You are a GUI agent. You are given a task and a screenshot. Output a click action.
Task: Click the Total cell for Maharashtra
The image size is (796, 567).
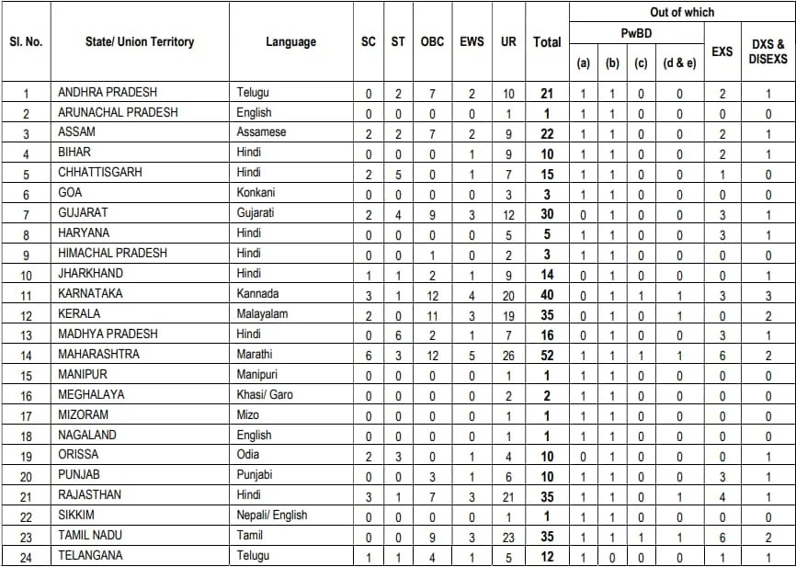tap(547, 354)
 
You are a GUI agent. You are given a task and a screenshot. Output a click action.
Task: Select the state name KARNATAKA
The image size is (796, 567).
tap(90, 293)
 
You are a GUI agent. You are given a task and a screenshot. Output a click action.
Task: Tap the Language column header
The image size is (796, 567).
tap(290, 41)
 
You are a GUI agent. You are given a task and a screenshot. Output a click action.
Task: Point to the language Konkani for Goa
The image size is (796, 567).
tap(256, 192)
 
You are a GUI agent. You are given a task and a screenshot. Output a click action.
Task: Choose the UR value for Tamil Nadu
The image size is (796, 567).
tap(508, 535)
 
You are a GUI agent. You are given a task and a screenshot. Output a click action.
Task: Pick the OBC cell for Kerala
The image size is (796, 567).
tap(432, 313)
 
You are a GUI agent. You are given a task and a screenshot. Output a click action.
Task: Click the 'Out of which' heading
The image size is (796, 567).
tap(682, 12)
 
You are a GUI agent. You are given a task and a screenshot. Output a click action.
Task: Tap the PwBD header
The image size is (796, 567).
tap(636, 33)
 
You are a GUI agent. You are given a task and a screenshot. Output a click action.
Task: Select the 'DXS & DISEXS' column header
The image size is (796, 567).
tap(768, 51)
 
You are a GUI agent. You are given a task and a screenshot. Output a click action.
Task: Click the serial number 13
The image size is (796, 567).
tap(26, 334)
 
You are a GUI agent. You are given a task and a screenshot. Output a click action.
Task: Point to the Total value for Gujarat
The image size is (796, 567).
tap(547, 212)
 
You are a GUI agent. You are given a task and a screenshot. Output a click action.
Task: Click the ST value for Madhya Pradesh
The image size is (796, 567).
tap(398, 334)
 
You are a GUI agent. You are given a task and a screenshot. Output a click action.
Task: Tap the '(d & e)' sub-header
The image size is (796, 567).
tap(679, 62)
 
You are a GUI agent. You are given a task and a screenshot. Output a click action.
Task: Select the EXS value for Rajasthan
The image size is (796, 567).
tap(722, 494)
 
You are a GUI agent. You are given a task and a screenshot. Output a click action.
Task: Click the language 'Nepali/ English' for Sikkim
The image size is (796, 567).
tap(271, 515)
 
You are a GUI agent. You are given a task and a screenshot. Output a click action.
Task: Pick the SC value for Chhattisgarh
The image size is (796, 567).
tap(369, 172)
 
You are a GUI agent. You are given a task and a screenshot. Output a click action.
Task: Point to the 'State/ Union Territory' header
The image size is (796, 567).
tap(140, 41)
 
